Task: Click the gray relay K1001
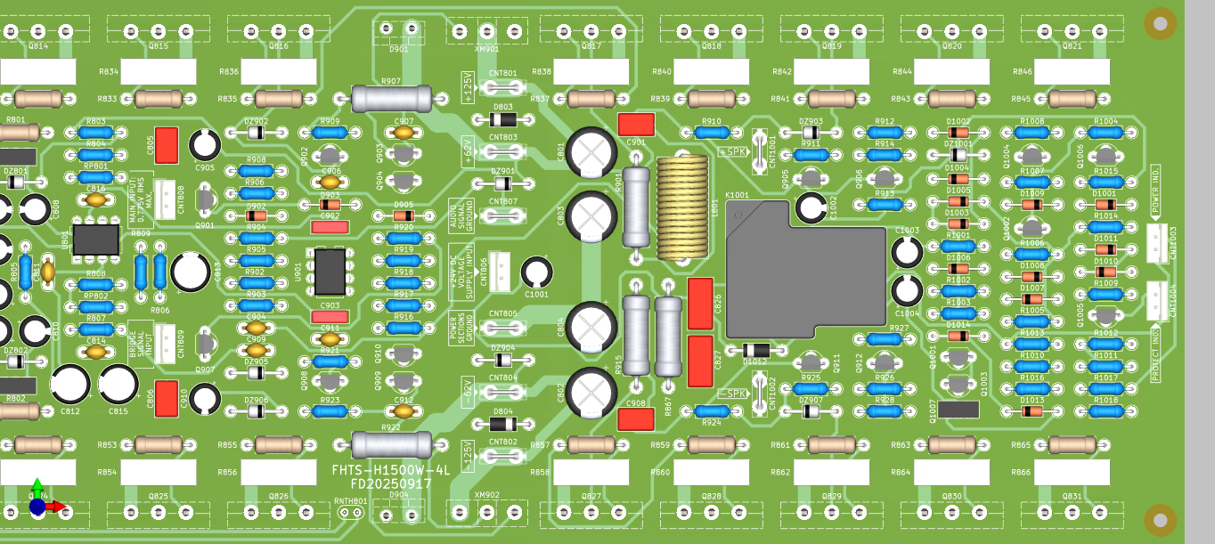(806, 267)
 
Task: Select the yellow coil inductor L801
(688, 207)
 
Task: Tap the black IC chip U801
(96, 239)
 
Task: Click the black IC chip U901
(330, 272)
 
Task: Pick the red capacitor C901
(636, 124)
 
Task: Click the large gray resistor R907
(391, 98)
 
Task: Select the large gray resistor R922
(391, 444)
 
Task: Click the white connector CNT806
(501, 271)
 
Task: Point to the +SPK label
(732, 151)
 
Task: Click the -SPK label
(731, 394)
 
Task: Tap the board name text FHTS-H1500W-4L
(391, 469)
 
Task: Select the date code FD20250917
(391, 484)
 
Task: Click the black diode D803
(503, 119)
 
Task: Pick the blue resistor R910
(712, 133)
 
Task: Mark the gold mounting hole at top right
(1160, 23)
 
